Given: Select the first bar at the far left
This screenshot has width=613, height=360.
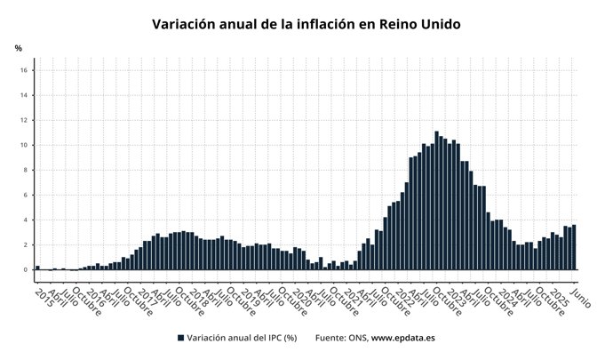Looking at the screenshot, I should point(37,267).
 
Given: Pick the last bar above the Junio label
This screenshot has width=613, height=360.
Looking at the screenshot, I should point(574,247).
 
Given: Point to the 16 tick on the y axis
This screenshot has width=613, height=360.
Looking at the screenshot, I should point(26,70).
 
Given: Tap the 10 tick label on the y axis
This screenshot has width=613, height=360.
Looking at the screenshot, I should point(26,145).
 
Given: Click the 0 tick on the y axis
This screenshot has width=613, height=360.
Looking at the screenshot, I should point(28,269).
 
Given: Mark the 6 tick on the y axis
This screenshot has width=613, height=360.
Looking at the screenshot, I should point(28,195).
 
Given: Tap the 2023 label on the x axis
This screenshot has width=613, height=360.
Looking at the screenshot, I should point(456,297).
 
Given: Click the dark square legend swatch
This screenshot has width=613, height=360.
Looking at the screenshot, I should point(180,338).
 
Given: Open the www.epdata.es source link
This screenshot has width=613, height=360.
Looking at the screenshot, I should point(402,338).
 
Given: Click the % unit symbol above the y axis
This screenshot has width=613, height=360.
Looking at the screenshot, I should point(18,47).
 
